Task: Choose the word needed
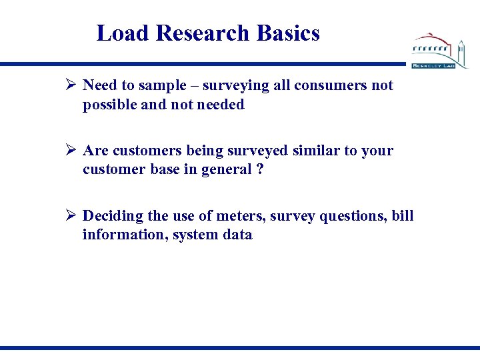[221, 105]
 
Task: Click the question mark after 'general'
[261, 170]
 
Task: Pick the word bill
[402, 216]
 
